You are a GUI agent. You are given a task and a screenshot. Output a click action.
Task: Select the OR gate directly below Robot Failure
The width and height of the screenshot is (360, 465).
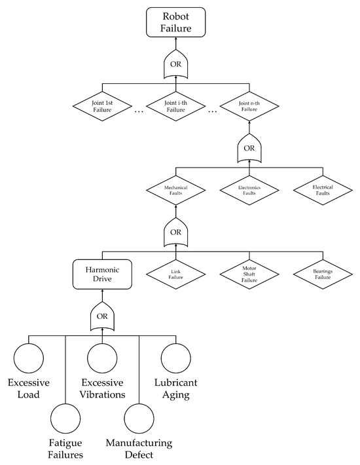tap(175, 65)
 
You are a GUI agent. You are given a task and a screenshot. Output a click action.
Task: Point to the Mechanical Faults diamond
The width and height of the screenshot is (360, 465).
tap(175, 191)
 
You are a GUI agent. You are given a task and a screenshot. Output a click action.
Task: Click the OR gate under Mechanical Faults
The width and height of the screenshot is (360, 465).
tap(175, 231)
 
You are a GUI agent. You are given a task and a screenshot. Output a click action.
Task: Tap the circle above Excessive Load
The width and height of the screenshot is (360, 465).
tap(28, 360)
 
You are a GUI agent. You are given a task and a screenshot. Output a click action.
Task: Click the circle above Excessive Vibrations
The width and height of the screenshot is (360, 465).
tap(103, 360)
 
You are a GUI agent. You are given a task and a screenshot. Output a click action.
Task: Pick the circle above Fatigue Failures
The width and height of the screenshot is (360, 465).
tap(65, 420)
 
